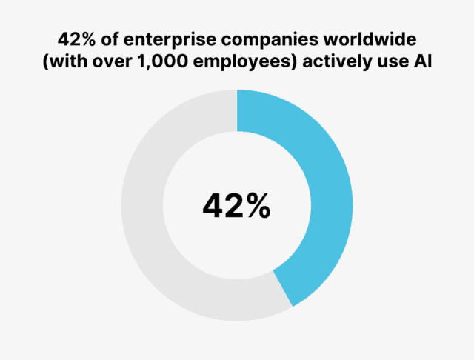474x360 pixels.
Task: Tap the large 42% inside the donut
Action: pyautogui.click(x=236, y=206)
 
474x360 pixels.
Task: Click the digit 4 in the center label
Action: pyautogui.click(x=213, y=206)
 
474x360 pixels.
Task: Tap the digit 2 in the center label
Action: pyautogui.click(x=233, y=206)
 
